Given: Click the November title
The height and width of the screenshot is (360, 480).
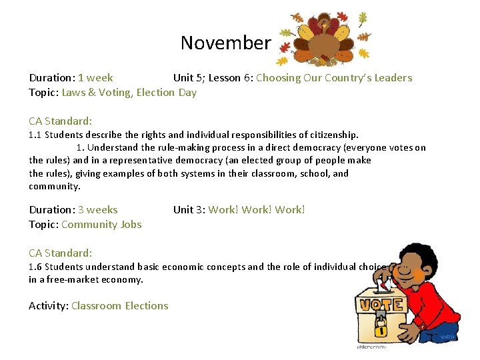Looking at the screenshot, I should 225,43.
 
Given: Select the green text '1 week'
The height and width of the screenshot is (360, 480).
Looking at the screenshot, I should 95,78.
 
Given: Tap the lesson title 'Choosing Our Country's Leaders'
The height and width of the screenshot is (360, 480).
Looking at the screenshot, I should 334,78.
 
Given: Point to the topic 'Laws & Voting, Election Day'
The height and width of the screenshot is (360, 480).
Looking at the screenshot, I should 129,93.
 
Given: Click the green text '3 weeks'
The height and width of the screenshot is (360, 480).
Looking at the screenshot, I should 97,210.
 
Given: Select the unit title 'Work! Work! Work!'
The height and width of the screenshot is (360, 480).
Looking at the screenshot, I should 257,210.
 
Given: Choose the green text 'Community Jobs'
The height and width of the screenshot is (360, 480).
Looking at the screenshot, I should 101,225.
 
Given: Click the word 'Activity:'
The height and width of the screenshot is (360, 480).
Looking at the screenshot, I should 49,306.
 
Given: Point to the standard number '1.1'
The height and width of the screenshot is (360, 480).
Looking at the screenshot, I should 35,135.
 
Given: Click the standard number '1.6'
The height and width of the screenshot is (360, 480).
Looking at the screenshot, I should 35,267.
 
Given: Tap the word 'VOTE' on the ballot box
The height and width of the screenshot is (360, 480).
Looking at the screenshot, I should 382,305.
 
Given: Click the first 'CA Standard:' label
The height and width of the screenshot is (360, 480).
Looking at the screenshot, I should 61,121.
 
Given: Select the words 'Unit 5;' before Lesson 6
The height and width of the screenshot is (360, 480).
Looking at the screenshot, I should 189,78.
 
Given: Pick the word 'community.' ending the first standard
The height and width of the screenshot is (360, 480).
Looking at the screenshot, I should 55,187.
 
